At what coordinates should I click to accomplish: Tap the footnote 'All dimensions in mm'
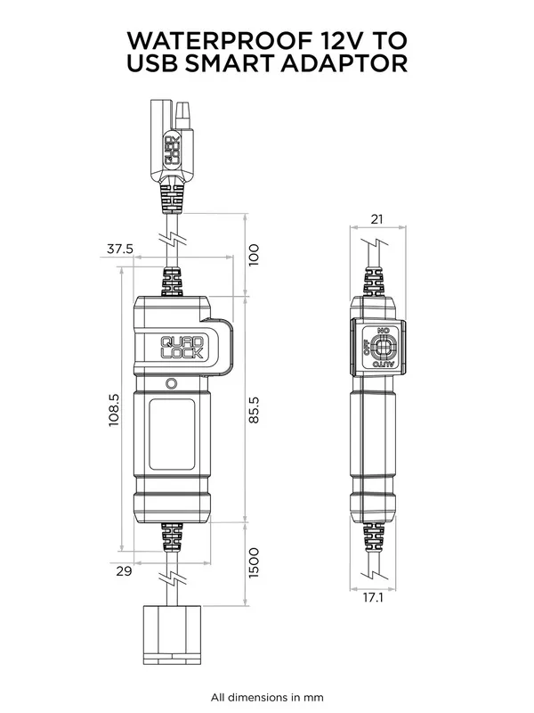click(267, 696)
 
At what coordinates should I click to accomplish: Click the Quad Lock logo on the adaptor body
click(182, 346)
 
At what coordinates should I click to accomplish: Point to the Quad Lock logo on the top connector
click(174, 151)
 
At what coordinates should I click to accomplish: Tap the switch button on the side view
click(384, 348)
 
